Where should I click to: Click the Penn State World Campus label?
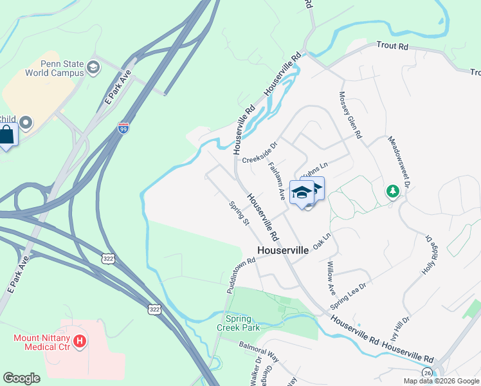tap(54, 68)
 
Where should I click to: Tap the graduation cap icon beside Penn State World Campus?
tap(93, 67)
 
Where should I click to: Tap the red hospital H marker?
tap(80, 340)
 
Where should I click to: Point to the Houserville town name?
tap(283, 250)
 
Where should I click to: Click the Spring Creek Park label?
tap(243, 323)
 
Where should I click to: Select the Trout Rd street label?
tap(392, 47)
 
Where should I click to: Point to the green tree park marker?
tap(392, 191)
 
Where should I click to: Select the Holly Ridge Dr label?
tap(433, 255)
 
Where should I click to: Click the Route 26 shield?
tap(428, 372)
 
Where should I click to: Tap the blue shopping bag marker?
tap(7, 135)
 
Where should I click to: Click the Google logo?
tap(21, 378)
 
